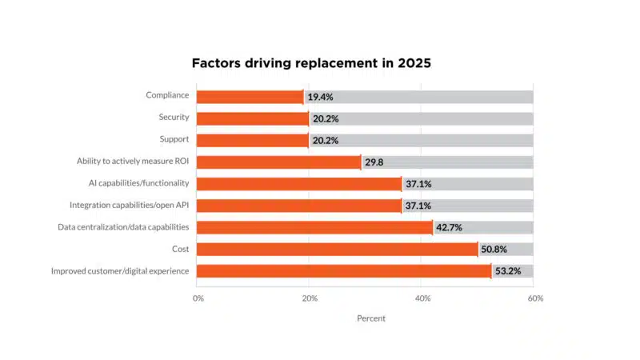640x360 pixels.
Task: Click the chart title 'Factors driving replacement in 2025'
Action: [311, 63]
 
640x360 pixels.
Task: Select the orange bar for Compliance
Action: [250, 97]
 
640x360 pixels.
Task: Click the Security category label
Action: [174, 118]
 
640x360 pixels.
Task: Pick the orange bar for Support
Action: [252, 140]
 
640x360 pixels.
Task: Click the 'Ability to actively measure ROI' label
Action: [133, 162]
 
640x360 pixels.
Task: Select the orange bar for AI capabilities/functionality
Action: [298, 184]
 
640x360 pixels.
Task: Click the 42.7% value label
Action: [450, 227]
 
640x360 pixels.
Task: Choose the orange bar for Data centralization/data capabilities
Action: [314, 227]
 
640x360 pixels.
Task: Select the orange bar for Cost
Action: [337, 249]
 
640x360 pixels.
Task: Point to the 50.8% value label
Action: [494, 249]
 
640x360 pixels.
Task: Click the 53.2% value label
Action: [507, 271]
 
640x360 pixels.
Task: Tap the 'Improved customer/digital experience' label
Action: [120, 271]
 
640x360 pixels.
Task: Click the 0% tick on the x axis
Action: [198, 298]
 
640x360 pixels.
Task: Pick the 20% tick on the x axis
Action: [310, 298]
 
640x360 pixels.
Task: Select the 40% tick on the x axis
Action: [422, 298]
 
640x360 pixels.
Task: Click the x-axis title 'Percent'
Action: [370, 318]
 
